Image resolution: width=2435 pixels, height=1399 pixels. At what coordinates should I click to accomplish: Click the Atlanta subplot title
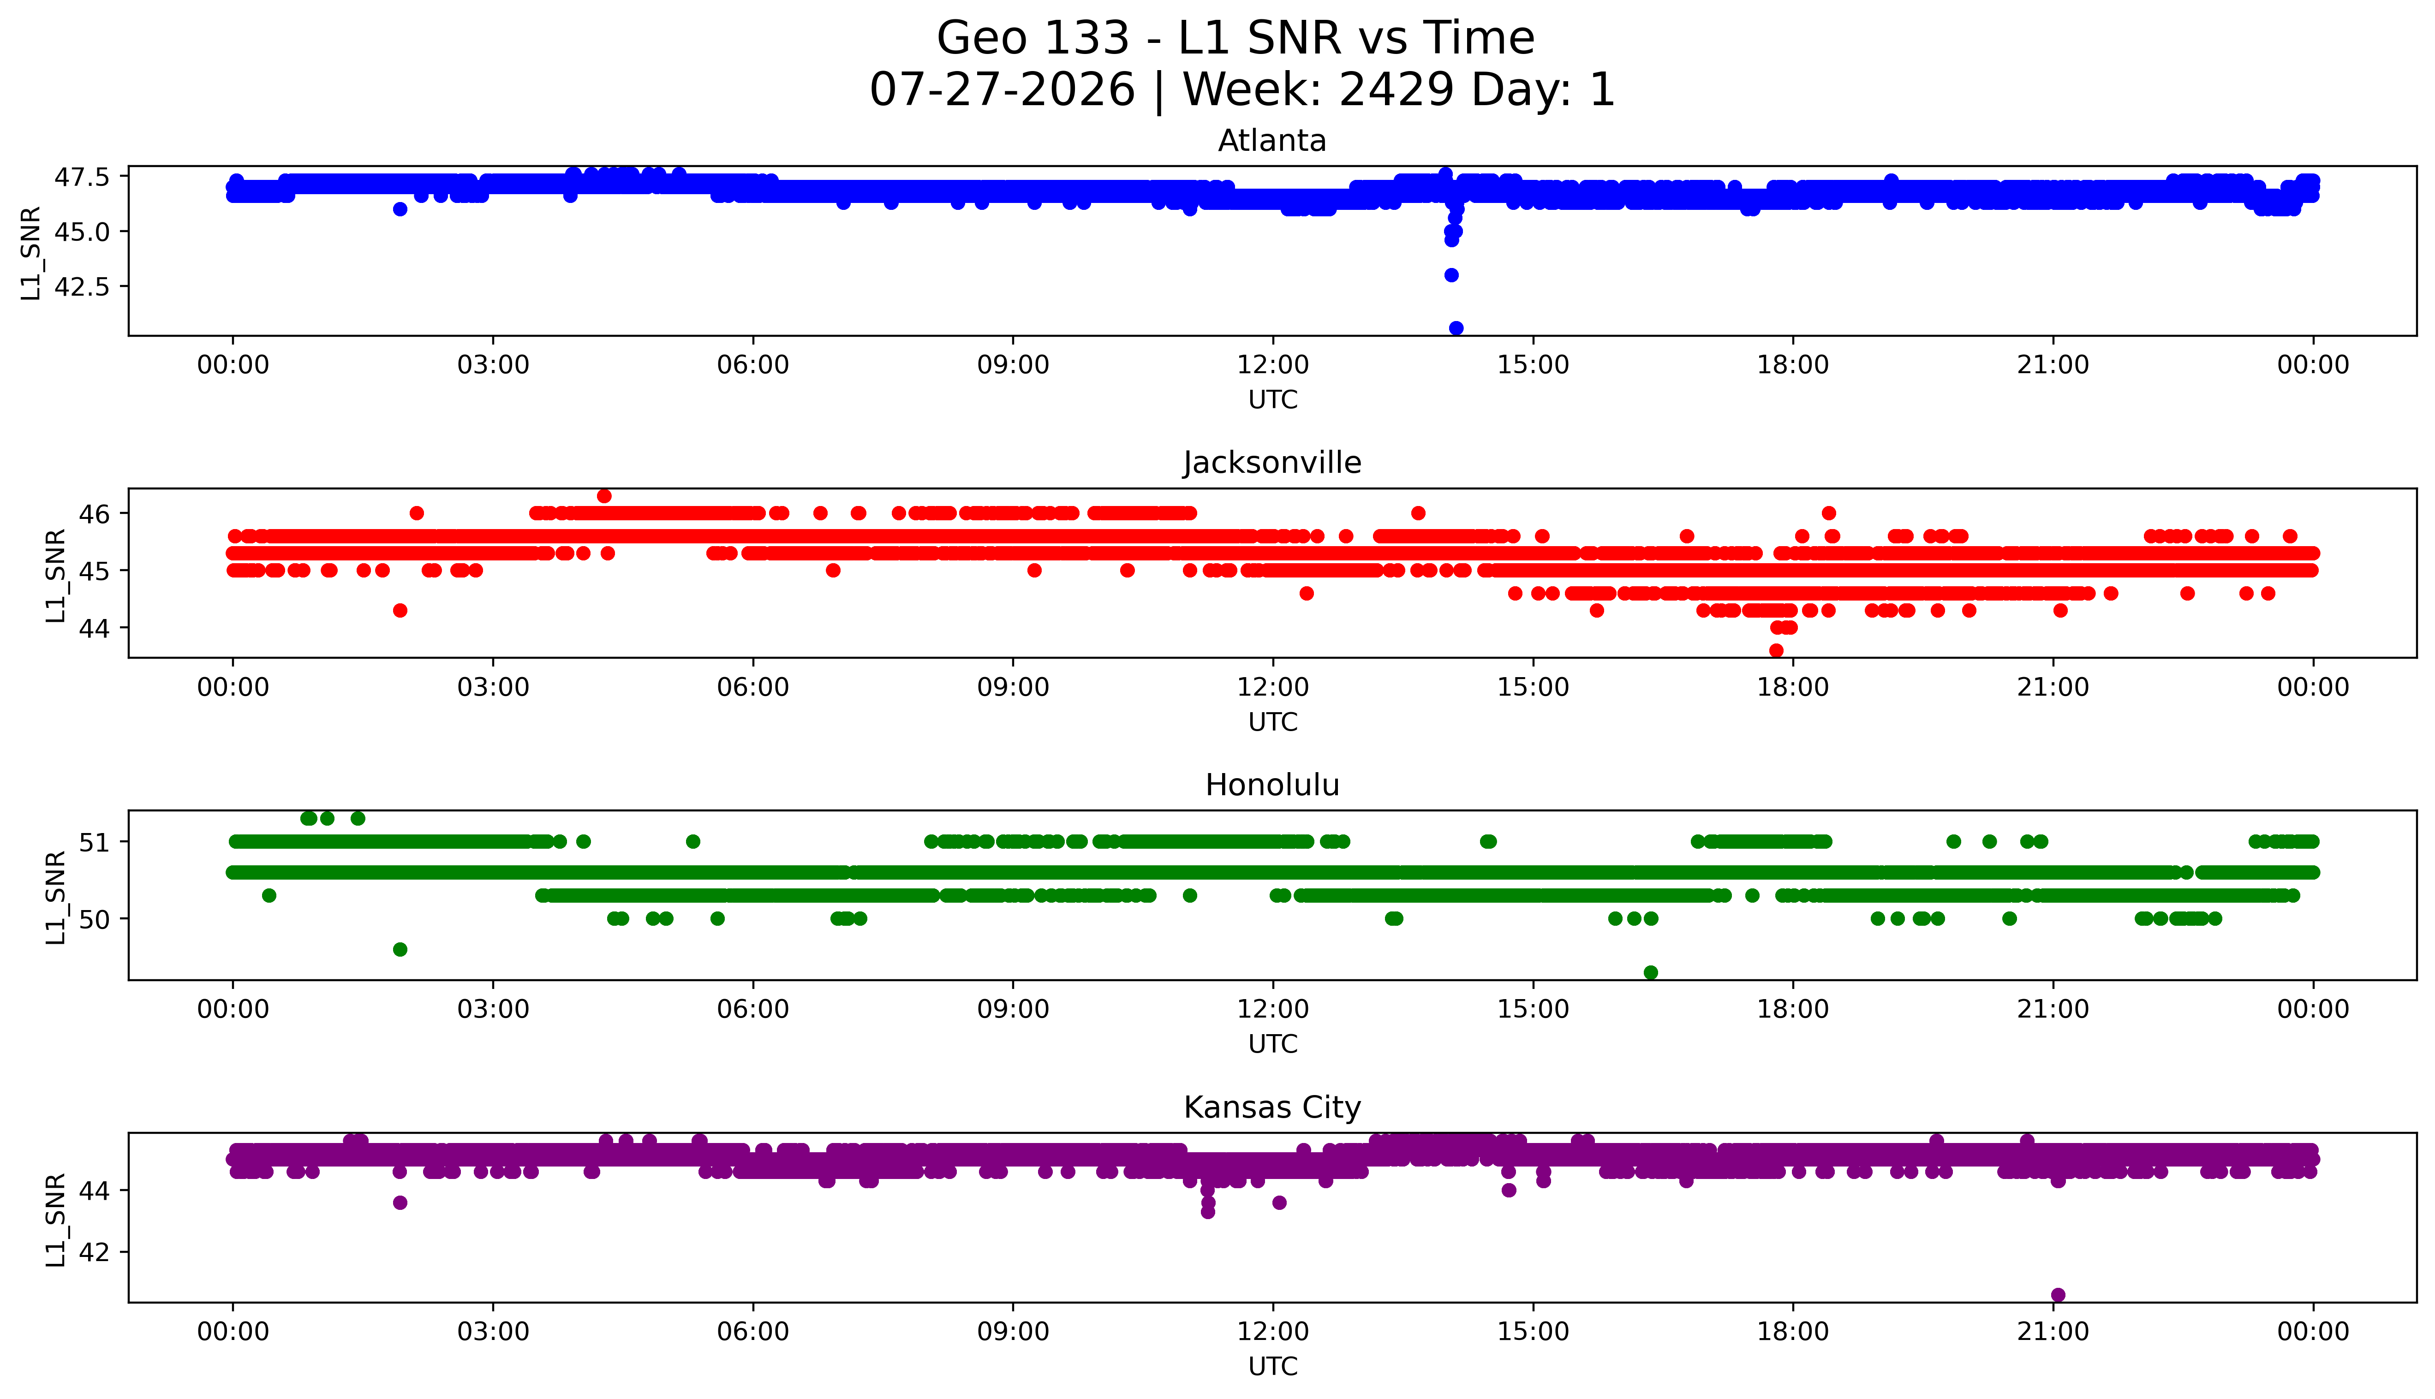(1272, 141)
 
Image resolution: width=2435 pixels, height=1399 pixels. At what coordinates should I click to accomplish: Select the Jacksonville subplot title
(1272, 463)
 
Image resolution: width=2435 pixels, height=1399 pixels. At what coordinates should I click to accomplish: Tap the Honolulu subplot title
(1272, 785)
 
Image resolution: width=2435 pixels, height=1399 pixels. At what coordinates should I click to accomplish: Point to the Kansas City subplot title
(1272, 1108)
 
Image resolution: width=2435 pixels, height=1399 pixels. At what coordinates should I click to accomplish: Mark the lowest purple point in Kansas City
(2057, 1294)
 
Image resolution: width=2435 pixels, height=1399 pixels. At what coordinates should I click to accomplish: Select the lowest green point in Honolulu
(1651, 972)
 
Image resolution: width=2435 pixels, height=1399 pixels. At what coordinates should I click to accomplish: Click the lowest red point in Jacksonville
(1776, 650)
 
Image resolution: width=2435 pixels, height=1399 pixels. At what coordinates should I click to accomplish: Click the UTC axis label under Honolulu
(1272, 1043)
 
